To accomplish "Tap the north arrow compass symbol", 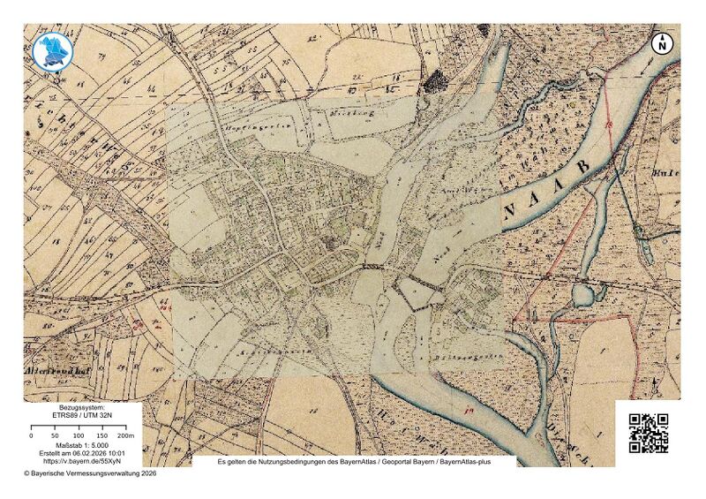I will (x=662, y=42).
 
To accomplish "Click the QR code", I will (x=648, y=433).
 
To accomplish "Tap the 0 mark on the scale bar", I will (x=32, y=435).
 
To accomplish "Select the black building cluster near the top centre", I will (x=434, y=82).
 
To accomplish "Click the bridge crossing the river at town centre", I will (x=374, y=265).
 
